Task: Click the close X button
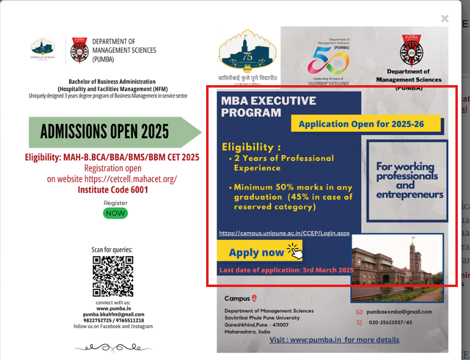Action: [x=444, y=19]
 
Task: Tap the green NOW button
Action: [x=116, y=213]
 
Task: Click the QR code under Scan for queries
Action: [x=113, y=277]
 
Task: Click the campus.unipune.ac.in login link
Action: [x=284, y=233]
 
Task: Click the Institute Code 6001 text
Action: [x=113, y=190]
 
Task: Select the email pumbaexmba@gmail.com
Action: [x=399, y=312]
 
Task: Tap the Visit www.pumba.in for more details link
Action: [x=334, y=340]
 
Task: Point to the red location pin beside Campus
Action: [x=254, y=298]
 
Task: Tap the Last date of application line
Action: [x=286, y=269]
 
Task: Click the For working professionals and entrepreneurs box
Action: [x=409, y=180]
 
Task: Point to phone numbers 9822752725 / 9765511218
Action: [x=113, y=320]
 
